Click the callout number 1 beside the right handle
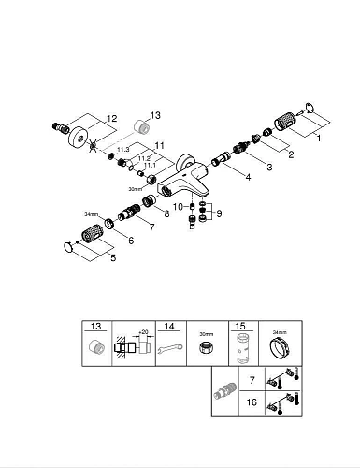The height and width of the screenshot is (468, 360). tap(317, 139)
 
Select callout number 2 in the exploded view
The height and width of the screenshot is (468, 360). tap(291, 154)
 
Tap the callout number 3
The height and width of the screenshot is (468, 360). tap(269, 167)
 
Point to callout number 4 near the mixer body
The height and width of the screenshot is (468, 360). tap(248, 176)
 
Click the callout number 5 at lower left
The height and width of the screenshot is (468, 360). tap(113, 257)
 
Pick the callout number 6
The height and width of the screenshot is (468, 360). tap(130, 241)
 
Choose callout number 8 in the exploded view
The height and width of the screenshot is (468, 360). tap(166, 214)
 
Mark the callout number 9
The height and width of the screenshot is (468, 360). tap(220, 213)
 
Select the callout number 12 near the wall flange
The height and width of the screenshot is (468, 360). tap(112, 118)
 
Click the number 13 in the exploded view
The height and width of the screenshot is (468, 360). tap(155, 115)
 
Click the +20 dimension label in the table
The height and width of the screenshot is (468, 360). tap(143, 332)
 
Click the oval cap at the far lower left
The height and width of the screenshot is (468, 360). tap(67, 245)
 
